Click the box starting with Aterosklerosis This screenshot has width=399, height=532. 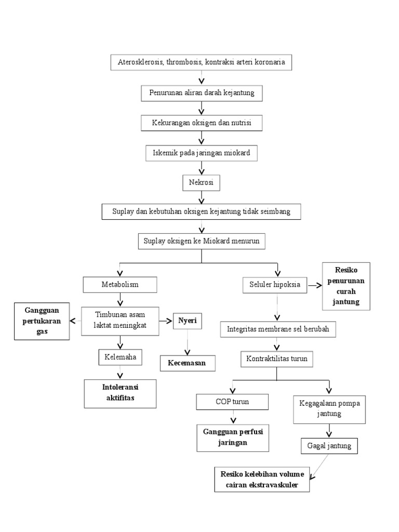[x=201, y=63]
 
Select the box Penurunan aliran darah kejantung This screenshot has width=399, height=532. [x=202, y=93]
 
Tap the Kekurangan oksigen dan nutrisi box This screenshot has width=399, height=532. [x=202, y=123]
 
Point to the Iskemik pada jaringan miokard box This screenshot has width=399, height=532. [x=202, y=153]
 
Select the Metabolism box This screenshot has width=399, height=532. [x=119, y=285]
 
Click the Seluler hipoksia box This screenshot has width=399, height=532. [x=275, y=285]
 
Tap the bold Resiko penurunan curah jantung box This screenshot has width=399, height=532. [x=347, y=286]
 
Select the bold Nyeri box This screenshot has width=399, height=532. [x=188, y=321]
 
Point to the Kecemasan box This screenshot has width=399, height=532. [x=187, y=363]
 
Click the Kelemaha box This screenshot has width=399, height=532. [x=119, y=357]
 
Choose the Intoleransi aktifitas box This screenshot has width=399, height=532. [x=121, y=393]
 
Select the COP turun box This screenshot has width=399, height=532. [x=232, y=402]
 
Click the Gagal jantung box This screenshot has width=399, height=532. [x=329, y=446]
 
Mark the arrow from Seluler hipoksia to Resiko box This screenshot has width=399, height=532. [x=314, y=285]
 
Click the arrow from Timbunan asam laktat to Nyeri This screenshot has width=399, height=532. [x=166, y=321]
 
